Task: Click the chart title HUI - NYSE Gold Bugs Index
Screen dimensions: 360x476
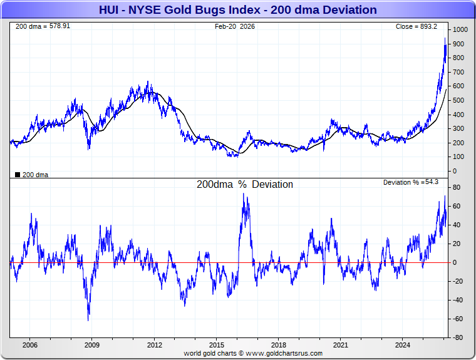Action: [x=237, y=9]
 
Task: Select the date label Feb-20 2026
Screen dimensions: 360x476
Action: [x=235, y=26]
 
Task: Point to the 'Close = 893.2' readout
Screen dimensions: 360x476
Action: [x=420, y=26]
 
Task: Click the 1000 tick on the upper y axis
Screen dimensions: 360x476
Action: [x=460, y=29]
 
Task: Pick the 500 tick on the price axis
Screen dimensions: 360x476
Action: [x=458, y=100]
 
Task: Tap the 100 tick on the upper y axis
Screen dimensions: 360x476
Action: [x=458, y=157]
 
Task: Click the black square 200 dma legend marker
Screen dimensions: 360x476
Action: [x=17, y=175]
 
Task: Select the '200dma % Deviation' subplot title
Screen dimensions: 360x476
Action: [x=244, y=185]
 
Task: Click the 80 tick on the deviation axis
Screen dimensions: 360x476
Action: [x=457, y=187]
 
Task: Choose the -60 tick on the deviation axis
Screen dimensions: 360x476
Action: [x=458, y=319]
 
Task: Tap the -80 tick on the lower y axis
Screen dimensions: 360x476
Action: [x=458, y=337]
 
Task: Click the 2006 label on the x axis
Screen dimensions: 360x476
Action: [x=29, y=345]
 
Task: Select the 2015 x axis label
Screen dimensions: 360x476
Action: [x=216, y=345]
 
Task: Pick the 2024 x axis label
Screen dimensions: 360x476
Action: [x=403, y=345]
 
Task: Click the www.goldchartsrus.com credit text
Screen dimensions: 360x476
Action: [x=253, y=353]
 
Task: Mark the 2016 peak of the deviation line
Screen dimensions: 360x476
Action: [x=244, y=193]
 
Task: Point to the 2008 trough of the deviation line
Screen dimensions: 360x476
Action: [x=88, y=321]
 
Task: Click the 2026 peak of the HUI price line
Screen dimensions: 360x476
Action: [x=445, y=38]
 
